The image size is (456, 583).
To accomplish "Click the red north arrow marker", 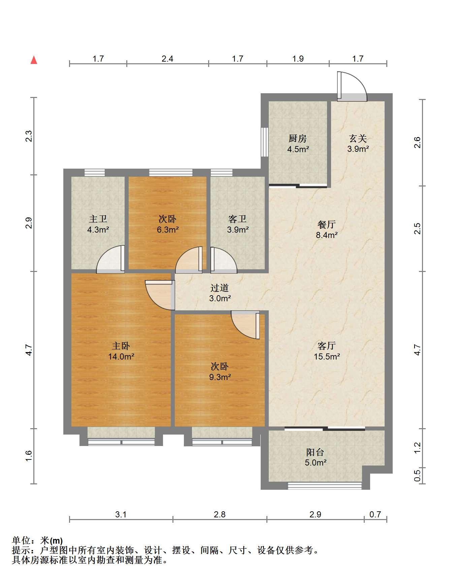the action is point(34,60).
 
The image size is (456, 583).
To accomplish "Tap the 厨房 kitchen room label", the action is point(298,138).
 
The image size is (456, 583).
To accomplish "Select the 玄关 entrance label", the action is point(358,138).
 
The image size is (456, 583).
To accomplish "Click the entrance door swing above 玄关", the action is point(352,86).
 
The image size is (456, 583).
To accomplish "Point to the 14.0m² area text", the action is point(121,356).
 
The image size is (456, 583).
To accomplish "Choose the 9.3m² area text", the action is point(220,377).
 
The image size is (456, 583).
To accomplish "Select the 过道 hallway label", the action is point(220,288).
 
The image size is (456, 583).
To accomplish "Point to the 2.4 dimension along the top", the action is point(167,59).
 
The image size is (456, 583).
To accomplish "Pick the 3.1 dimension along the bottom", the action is point(121,514).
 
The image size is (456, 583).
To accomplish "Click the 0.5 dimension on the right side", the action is point(417,476).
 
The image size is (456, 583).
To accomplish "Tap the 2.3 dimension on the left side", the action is point(29,136).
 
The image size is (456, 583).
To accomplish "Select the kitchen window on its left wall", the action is point(265,142).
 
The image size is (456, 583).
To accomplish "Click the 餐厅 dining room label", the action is point(327,225).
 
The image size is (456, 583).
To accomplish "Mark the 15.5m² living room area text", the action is point(327,356).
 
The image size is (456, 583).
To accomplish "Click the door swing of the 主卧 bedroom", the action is point(160,295).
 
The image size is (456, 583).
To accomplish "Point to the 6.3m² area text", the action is point(167,230).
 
